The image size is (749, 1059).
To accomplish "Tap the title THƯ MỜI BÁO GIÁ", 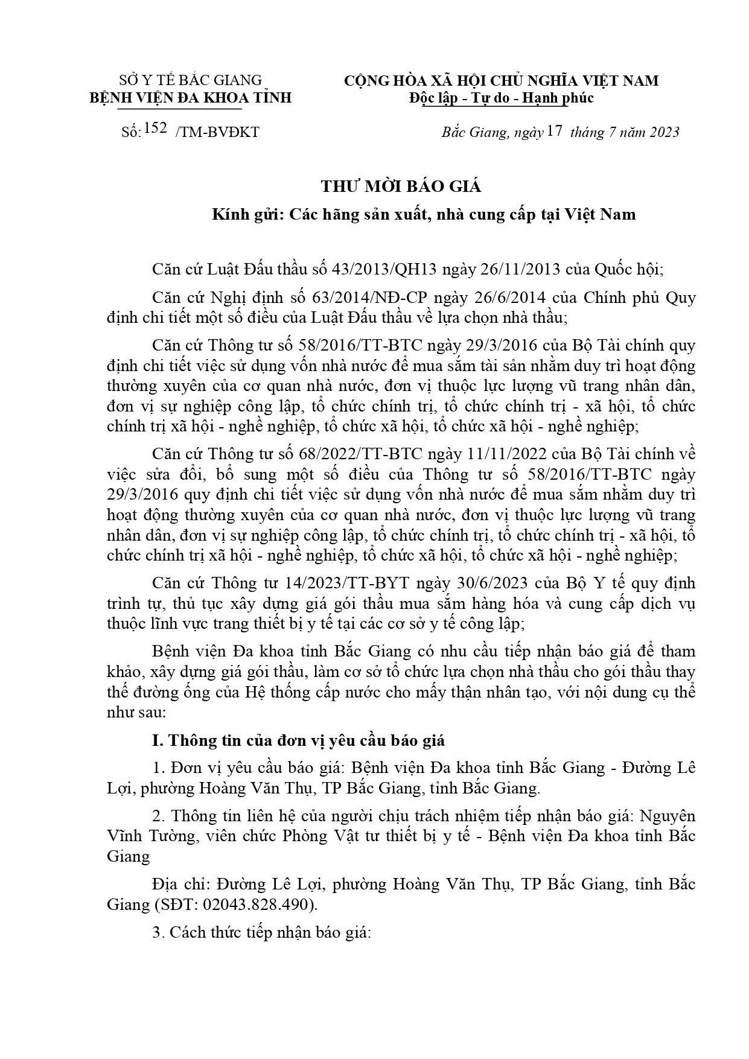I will (401, 186).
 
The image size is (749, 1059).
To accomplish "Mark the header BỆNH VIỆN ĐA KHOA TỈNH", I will (191, 98).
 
